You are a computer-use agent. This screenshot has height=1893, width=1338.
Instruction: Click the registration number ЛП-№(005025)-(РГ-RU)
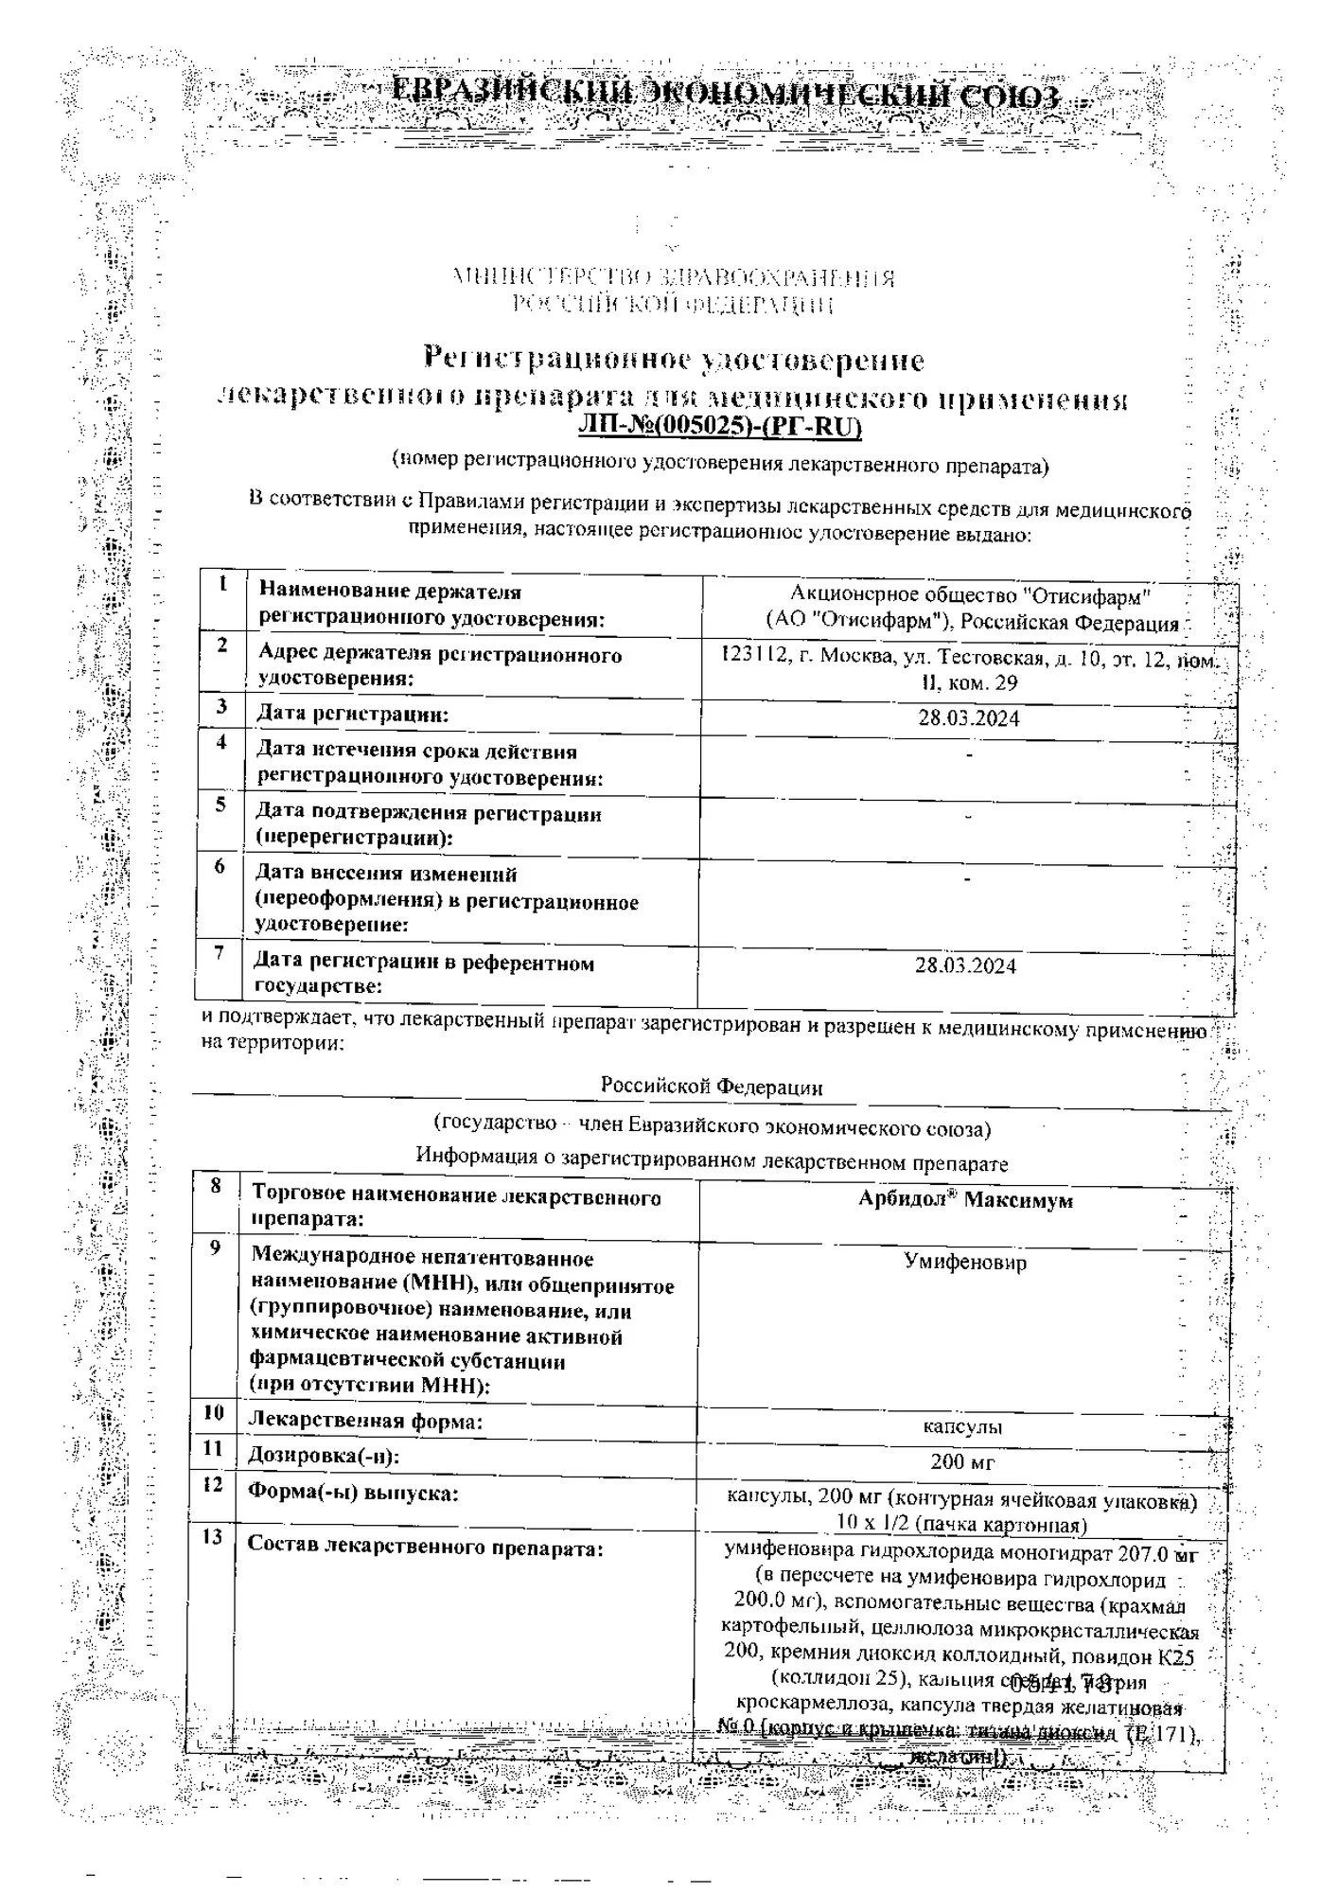tap(720, 427)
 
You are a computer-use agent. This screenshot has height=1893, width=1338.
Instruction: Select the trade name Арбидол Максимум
tap(965, 1200)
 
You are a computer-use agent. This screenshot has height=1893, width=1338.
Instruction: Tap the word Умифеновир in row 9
tap(965, 1262)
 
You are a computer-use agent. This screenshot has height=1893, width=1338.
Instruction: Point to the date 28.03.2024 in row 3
tap(969, 717)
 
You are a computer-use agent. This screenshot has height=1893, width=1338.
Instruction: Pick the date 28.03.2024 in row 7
tap(965, 965)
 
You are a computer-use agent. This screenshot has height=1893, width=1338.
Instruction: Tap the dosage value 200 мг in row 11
tap(962, 1461)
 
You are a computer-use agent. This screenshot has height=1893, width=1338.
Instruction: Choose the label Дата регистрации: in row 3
tap(353, 714)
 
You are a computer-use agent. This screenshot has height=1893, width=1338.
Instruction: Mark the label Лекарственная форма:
tap(365, 1421)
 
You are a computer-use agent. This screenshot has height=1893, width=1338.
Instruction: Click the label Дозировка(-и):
tap(323, 1456)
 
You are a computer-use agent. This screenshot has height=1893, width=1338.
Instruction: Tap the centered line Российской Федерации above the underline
tap(712, 1087)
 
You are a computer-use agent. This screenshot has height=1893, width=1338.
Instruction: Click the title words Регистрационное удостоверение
tap(673, 360)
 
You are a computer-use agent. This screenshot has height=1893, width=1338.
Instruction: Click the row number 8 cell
tap(216, 1185)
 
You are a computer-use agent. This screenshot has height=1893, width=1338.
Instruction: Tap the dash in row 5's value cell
tap(968, 816)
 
